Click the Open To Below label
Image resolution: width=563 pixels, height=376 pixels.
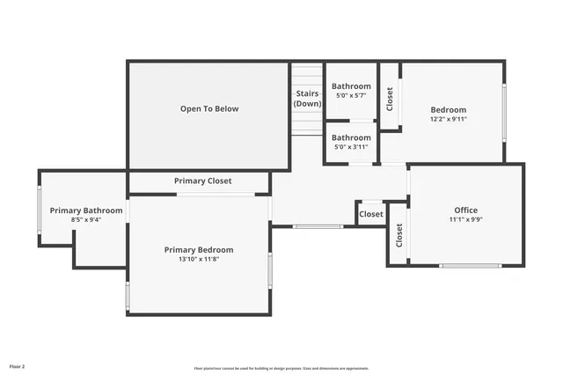tap(209, 109)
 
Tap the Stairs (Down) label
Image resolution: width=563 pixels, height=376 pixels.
tap(307, 99)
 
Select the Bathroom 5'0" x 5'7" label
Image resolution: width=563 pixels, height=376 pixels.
tap(351, 91)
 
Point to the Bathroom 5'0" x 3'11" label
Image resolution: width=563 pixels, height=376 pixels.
tap(351, 142)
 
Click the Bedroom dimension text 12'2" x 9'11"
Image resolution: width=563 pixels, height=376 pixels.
tap(449, 119)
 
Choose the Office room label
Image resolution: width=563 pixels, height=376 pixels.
tap(465, 210)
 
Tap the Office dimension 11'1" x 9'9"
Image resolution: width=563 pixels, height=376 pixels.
tap(465, 220)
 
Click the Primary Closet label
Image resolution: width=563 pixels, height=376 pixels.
tap(202, 181)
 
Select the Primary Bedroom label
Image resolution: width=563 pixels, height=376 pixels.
tap(198, 250)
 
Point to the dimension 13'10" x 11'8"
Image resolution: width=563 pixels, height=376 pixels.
tap(198, 260)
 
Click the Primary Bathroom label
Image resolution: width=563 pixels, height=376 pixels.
tap(86, 210)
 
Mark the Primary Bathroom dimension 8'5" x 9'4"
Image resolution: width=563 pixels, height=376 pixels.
tap(86, 220)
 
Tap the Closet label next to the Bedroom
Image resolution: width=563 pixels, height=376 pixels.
tap(390, 99)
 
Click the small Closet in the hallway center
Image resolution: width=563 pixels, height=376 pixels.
tap(371, 214)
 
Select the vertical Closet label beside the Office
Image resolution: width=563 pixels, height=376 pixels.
tap(398, 235)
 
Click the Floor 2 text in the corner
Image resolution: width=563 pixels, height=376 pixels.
tap(18, 365)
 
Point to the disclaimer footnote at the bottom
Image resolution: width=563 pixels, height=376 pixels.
tap(281, 368)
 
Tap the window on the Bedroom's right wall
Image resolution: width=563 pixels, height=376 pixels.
tap(504, 112)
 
